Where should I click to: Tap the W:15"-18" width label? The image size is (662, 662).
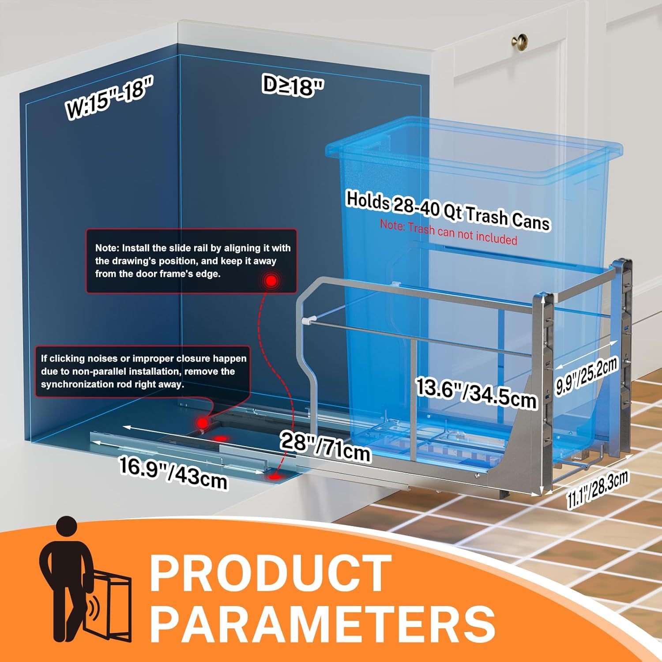click(x=109, y=97)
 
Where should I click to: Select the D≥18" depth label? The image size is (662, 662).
click(x=293, y=85)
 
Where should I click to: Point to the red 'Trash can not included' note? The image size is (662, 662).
click(x=448, y=232)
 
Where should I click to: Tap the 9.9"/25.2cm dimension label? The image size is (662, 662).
click(x=586, y=376)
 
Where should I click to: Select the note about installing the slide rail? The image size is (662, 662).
click(x=192, y=261)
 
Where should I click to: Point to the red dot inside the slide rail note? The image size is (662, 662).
click(x=271, y=281)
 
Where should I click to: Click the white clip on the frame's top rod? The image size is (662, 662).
click(x=308, y=319)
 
